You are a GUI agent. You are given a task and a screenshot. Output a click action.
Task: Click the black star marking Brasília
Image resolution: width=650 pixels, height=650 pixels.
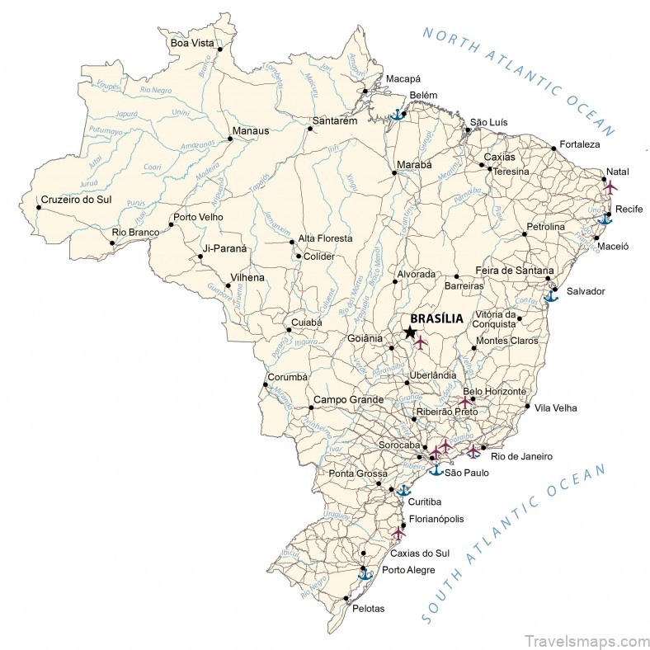point(410,332)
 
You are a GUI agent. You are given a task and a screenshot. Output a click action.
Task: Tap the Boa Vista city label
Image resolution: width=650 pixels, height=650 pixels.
point(191,43)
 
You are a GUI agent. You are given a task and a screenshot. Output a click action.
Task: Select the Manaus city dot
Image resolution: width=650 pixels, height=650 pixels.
point(230,139)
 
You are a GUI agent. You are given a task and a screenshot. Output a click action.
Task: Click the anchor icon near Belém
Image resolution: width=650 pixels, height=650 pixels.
point(397,115)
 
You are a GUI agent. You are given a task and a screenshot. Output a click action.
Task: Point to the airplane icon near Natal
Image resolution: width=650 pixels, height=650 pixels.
point(610,187)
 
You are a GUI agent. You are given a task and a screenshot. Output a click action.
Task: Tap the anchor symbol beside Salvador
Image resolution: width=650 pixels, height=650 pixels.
point(551,294)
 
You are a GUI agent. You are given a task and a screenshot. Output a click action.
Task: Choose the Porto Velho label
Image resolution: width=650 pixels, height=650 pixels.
point(198,218)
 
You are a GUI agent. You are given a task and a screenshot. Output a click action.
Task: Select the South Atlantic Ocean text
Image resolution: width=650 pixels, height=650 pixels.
point(516,544)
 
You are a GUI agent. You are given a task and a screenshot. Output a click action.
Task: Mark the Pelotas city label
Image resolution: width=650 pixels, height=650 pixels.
point(368,609)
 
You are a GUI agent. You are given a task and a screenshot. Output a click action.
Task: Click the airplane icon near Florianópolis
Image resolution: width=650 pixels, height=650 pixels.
point(398,533)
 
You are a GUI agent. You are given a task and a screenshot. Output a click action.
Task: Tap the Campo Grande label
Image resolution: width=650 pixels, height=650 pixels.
point(348,400)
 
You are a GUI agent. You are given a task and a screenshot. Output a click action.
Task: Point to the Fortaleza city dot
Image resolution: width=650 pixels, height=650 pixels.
point(553,148)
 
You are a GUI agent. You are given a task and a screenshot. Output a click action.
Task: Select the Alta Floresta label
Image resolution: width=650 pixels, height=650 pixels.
point(325,238)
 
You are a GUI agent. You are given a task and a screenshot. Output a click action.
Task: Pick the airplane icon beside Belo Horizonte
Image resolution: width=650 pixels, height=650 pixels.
point(465,402)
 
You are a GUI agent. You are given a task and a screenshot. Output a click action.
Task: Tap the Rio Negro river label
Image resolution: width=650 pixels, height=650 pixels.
point(155,88)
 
